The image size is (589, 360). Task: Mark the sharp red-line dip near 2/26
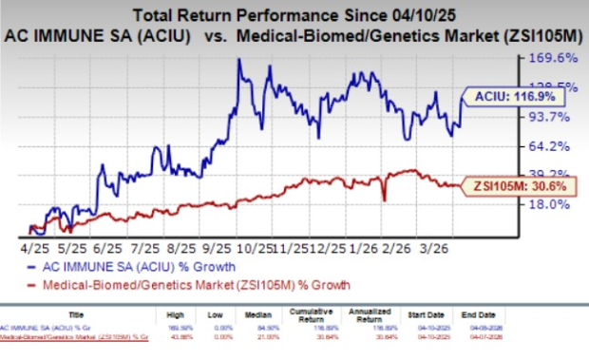384,199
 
